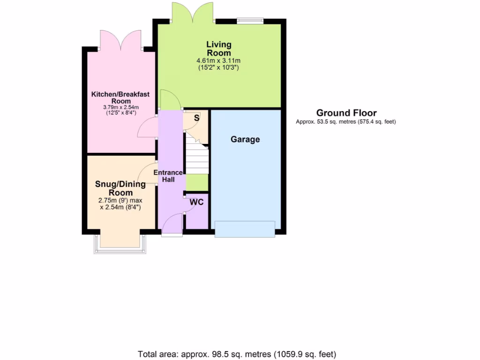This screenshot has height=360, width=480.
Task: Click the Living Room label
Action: point(219,49)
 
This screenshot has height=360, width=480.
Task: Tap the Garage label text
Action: point(245,139)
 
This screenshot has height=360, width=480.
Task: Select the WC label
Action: point(196,202)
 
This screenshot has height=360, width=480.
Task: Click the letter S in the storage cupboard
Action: point(196,118)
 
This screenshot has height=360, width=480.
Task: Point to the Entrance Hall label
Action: point(168,176)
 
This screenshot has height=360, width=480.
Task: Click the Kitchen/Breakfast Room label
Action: point(120,97)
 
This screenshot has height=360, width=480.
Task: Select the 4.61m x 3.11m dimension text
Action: point(219,61)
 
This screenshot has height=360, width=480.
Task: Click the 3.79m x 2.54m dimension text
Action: point(120,107)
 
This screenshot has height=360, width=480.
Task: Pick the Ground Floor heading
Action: point(346,112)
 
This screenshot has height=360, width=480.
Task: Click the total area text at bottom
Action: point(237,354)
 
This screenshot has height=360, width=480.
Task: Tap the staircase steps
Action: point(197,159)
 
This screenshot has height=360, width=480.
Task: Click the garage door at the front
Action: point(245,229)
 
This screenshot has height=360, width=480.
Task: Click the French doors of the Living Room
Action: point(193,13)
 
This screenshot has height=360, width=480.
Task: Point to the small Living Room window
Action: point(250,20)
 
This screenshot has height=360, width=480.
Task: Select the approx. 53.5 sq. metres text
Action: point(346,122)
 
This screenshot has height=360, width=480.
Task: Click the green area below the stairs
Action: point(197,181)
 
